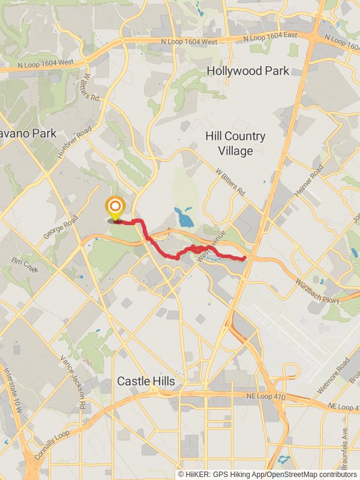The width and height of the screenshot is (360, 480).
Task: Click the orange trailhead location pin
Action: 115,208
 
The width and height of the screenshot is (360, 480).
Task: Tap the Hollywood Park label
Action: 248,71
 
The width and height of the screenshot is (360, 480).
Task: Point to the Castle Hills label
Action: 146,381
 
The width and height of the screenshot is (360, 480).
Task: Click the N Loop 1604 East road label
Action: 270,37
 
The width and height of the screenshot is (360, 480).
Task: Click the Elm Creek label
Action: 25,265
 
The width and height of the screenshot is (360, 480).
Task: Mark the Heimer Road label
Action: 306,187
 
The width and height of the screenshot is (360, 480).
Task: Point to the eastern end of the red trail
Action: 245,259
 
